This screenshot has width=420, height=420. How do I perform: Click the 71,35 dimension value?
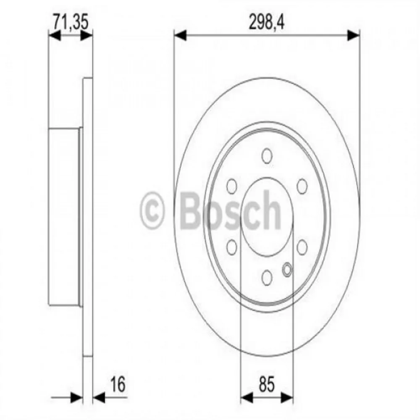pyautogui.click(x=70, y=21)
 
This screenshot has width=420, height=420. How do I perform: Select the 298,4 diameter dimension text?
pyautogui.click(x=266, y=21)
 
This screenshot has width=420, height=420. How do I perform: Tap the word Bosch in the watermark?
pyautogui.click(x=231, y=209)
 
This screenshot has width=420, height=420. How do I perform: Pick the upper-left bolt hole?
pyautogui.click(x=231, y=185)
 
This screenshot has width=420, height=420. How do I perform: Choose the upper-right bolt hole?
pyautogui.click(x=302, y=185)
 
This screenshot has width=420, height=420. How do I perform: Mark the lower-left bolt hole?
pyautogui.click(x=231, y=246)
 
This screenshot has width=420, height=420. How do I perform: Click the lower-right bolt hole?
pyautogui.click(x=302, y=246)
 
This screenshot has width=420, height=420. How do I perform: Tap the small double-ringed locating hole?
pyautogui.click(x=287, y=270)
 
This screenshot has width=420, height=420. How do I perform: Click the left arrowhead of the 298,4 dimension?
pyautogui.click(x=180, y=36)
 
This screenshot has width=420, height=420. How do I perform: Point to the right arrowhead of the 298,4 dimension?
pyautogui.click(x=354, y=36)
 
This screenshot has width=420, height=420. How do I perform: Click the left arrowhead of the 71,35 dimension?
pyautogui.click(x=55, y=36)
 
